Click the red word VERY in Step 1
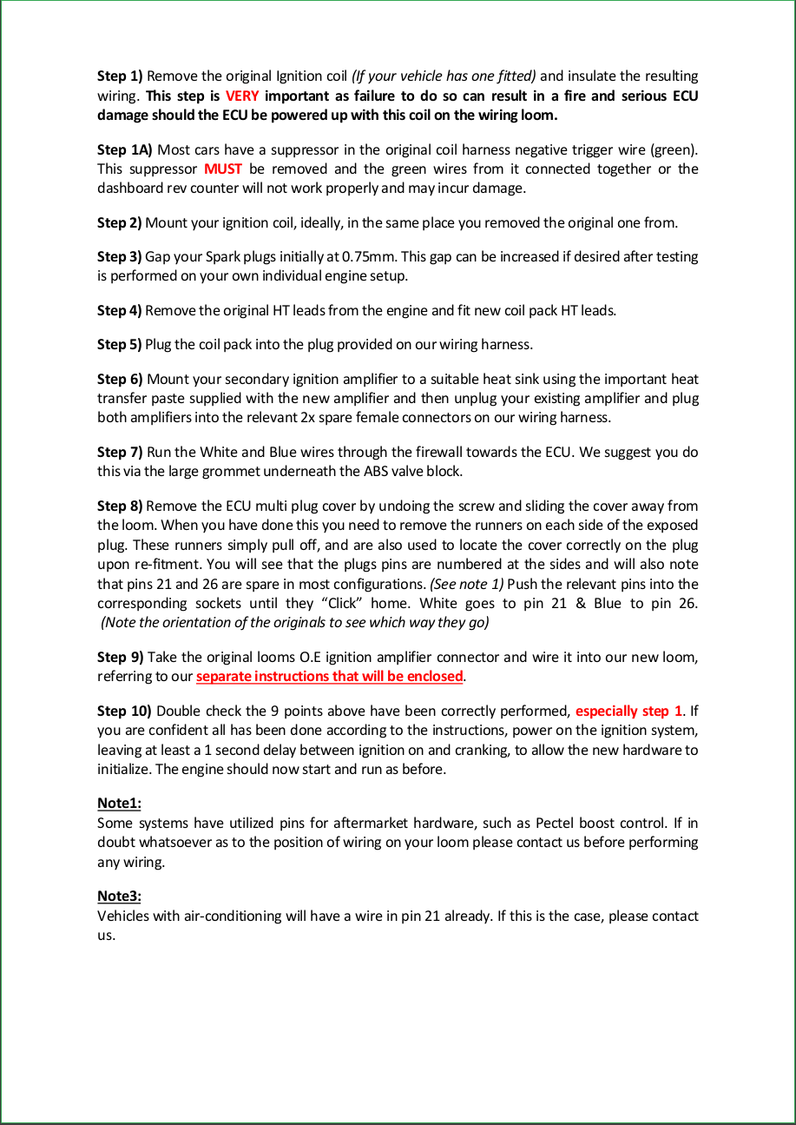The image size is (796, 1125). click(x=241, y=96)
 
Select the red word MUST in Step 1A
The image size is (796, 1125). click(x=222, y=169)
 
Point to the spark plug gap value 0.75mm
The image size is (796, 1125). click(x=370, y=257)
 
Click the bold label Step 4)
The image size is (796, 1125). click(x=119, y=310)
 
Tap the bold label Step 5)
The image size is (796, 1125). click(x=119, y=344)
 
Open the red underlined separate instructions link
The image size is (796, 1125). click(x=329, y=676)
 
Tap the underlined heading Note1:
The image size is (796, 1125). click(x=119, y=804)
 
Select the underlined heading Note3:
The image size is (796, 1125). click(x=119, y=896)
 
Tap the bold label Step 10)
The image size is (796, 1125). click(x=124, y=711)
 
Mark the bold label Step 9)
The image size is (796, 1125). click(x=120, y=657)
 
